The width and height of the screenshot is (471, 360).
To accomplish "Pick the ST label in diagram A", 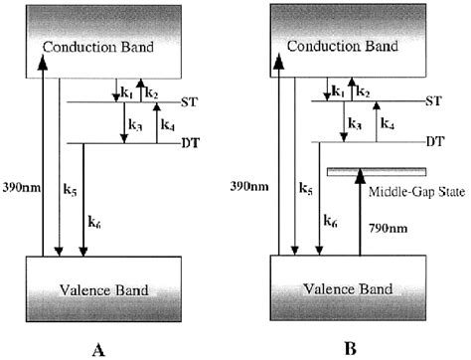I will (190, 101).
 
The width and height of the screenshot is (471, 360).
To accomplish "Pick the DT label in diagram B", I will (434, 141).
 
